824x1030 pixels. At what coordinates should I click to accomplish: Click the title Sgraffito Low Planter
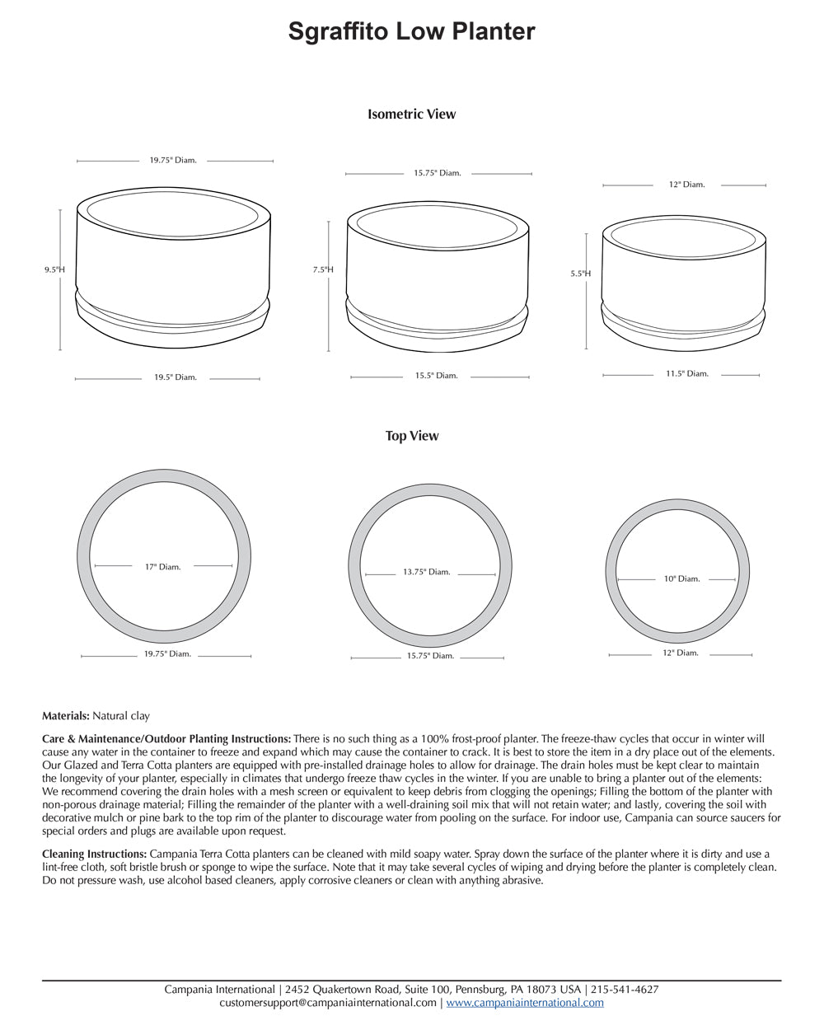[x=411, y=31]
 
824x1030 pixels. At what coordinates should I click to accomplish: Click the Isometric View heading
[x=411, y=115]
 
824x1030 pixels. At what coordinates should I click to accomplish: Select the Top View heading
[x=412, y=436]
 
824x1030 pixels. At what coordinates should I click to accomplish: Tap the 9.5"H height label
[x=54, y=269]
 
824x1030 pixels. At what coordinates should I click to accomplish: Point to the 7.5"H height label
[x=323, y=269]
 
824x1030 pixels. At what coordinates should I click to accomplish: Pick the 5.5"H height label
[x=580, y=274]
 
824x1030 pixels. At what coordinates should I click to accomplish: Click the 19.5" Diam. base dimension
[x=176, y=377]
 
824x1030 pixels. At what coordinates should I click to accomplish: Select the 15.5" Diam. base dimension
[x=436, y=376]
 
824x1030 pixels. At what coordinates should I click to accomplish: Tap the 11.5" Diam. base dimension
[x=686, y=373]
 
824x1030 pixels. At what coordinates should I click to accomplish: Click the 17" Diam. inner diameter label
[x=162, y=567]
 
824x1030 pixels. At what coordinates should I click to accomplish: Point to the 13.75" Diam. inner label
[x=426, y=572]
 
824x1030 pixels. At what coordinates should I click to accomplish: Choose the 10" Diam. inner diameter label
[x=681, y=579]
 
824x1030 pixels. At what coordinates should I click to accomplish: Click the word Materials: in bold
[x=66, y=716]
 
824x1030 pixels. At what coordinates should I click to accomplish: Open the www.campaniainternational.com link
[x=525, y=1003]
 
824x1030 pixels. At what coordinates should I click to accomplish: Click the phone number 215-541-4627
[x=624, y=990]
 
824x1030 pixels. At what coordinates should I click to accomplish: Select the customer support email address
[x=328, y=1003]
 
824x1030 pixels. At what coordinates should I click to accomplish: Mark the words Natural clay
[x=121, y=716]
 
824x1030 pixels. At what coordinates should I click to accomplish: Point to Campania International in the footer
[x=219, y=990]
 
